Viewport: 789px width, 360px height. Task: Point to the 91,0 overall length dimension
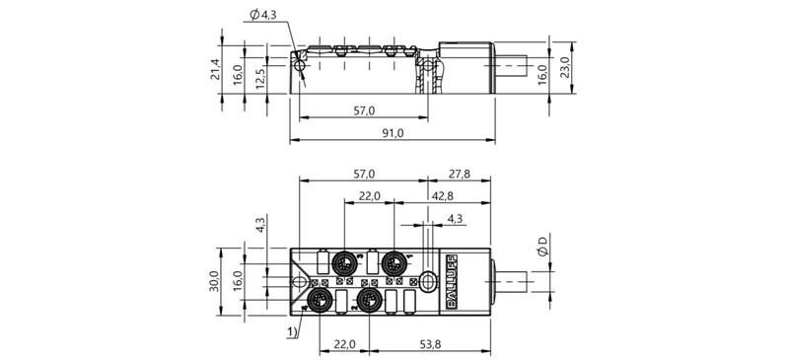click(x=392, y=134)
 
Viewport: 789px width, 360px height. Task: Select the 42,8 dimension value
click(x=441, y=196)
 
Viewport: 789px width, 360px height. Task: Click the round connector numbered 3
click(x=345, y=264)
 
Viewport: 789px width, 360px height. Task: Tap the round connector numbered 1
click(x=394, y=263)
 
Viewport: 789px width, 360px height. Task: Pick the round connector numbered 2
click(x=368, y=299)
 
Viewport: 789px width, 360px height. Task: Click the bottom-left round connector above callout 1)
click(x=320, y=299)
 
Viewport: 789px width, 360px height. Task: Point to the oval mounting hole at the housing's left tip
click(x=301, y=281)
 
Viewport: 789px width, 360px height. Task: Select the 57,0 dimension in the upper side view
click(x=364, y=110)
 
